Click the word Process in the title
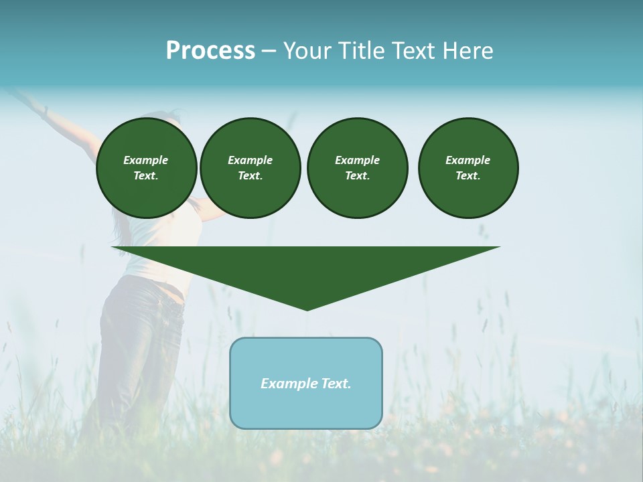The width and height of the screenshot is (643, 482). click(x=210, y=51)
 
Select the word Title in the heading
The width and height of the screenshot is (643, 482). click(x=361, y=51)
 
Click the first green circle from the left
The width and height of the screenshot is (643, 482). click(x=146, y=168)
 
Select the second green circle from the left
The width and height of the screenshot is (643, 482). click(x=250, y=168)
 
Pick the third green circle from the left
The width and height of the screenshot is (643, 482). click(x=357, y=168)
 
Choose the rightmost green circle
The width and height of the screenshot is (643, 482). click(x=468, y=168)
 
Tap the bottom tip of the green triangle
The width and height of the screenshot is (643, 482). click(x=307, y=309)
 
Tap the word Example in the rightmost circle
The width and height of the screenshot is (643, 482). click(x=468, y=160)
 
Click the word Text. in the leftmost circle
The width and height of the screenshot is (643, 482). click(x=146, y=176)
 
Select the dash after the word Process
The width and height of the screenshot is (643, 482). click(x=269, y=51)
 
